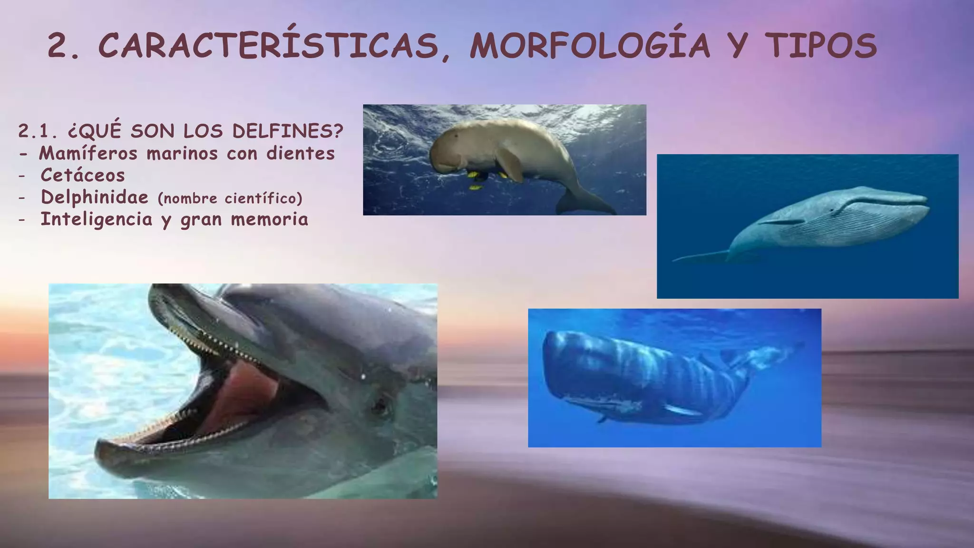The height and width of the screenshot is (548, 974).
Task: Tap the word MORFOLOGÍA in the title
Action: (x=589, y=46)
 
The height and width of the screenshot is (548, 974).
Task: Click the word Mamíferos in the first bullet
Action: (x=88, y=153)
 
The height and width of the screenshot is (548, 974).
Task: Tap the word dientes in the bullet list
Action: (x=300, y=153)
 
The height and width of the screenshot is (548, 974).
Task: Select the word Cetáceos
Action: (x=83, y=175)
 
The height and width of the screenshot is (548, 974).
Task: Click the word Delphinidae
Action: (x=95, y=197)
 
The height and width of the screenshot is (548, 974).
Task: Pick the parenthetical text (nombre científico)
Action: (x=230, y=198)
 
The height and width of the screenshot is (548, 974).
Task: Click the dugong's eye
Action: (x=458, y=135)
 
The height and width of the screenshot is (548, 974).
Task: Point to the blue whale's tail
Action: (x=699, y=257)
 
